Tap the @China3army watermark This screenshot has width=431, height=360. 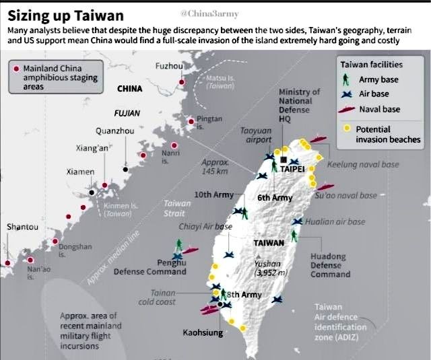(x=206, y=13)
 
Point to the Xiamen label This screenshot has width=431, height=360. (x=80, y=172)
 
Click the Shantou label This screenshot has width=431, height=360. (x=22, y=227)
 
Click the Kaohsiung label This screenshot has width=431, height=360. (x=203, y=332)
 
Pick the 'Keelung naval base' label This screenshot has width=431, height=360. (x=363, y=164)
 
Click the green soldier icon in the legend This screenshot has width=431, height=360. (x=345, y=79)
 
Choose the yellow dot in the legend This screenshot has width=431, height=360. (x=345, y=129)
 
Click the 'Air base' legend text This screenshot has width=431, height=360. (x=374, y=94)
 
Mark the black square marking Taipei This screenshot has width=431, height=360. (x=285, y=160)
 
